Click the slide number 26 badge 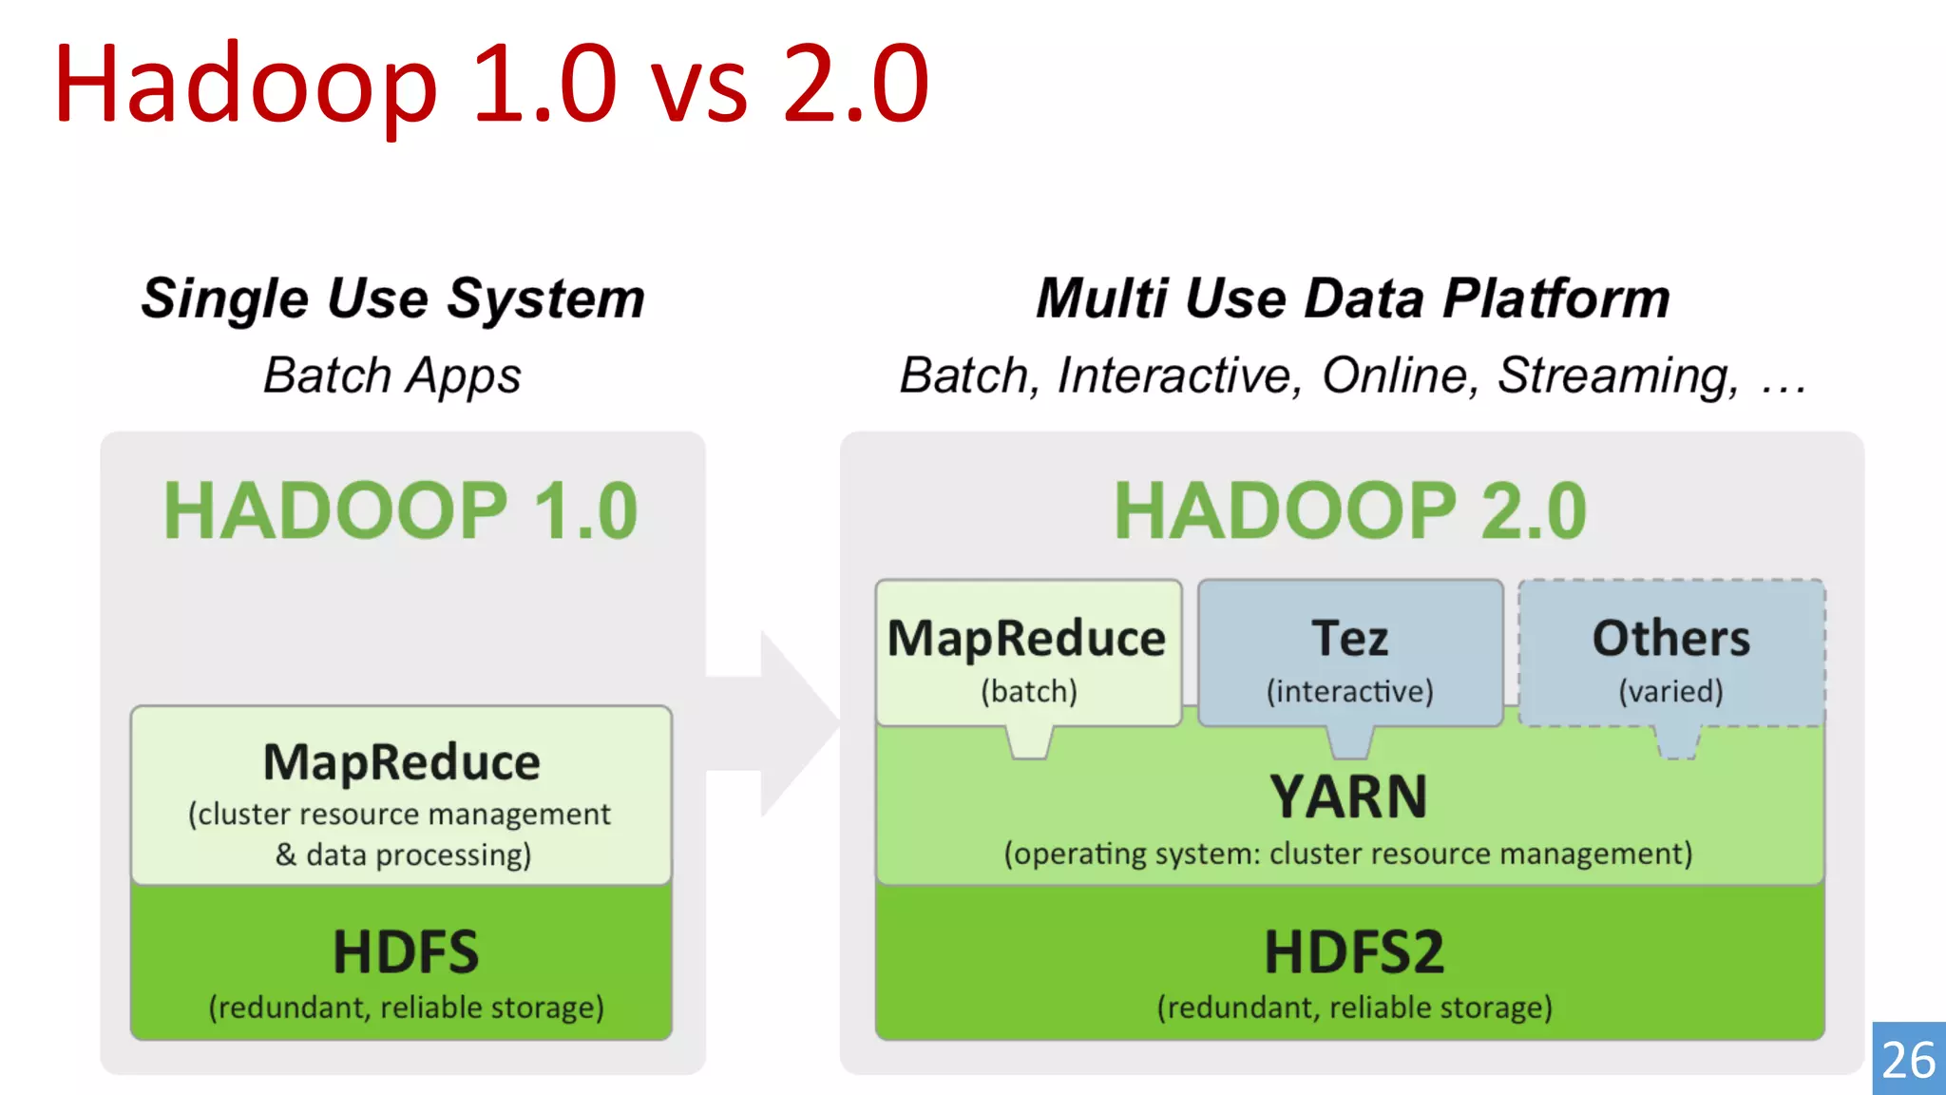[x=1908, y=1059]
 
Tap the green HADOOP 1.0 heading [x=400, y=511]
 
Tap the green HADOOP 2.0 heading [x=1350, y=511]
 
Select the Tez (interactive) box [x=1350, y=654]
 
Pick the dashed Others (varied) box [x=1671, y=654]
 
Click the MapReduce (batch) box [x=1028, y=654]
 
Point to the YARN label [x=1349, y=797]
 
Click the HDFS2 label [x=1354, y=952]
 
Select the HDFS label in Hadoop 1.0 [x=406, y=952]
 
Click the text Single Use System [x=392, y=298]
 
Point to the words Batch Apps [x=392, y=375]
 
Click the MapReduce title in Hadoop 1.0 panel [x=402, y=762]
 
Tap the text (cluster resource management [x=399, y=815]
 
